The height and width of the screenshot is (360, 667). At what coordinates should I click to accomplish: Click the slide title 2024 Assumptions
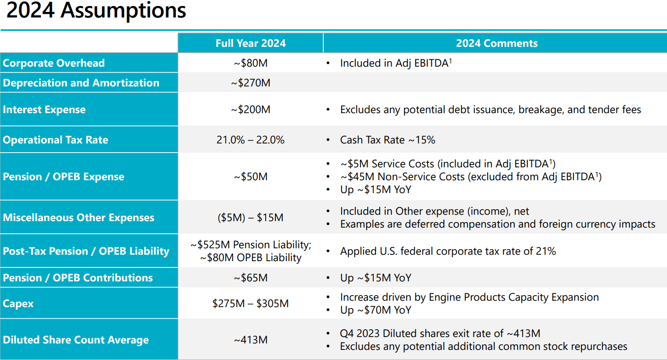click(96, 11)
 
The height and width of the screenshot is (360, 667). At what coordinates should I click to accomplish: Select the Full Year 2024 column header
click(251, 43)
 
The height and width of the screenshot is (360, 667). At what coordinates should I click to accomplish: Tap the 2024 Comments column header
click(496, 43)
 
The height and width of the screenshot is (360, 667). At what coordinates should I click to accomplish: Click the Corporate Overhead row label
click(54, 63)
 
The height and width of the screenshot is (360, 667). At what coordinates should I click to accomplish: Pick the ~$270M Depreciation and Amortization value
click(251, 83)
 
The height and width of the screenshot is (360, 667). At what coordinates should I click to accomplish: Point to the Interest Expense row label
click(44, 109)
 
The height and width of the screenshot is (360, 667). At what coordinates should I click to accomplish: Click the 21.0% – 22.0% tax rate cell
click(251, 140)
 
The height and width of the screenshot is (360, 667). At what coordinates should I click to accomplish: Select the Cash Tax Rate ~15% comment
click(388, 140)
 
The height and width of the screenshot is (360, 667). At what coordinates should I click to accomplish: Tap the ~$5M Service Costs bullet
click(448, 164)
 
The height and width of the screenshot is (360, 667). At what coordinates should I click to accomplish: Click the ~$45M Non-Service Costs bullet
click(470, 177)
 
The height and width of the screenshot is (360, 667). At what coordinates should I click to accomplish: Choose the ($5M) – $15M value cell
click(251, 217)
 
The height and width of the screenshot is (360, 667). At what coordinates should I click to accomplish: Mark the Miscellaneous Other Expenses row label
click(79, 217)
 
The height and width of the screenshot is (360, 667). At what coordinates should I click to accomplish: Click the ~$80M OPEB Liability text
click(251, 258)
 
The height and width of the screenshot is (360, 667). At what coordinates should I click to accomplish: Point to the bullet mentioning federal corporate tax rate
click(448, 251)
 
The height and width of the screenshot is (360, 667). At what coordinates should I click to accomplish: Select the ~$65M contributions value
click(251, 278)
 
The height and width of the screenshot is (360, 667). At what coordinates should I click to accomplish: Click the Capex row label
click(18, 303)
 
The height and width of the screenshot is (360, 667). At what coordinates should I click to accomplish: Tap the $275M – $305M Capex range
click(251, 303)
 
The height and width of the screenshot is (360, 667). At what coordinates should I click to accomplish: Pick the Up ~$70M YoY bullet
click(376, 310)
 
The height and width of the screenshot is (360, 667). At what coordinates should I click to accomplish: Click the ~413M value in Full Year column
click(251, 340)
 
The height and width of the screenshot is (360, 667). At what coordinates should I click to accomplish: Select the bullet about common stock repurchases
click(483, 346)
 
